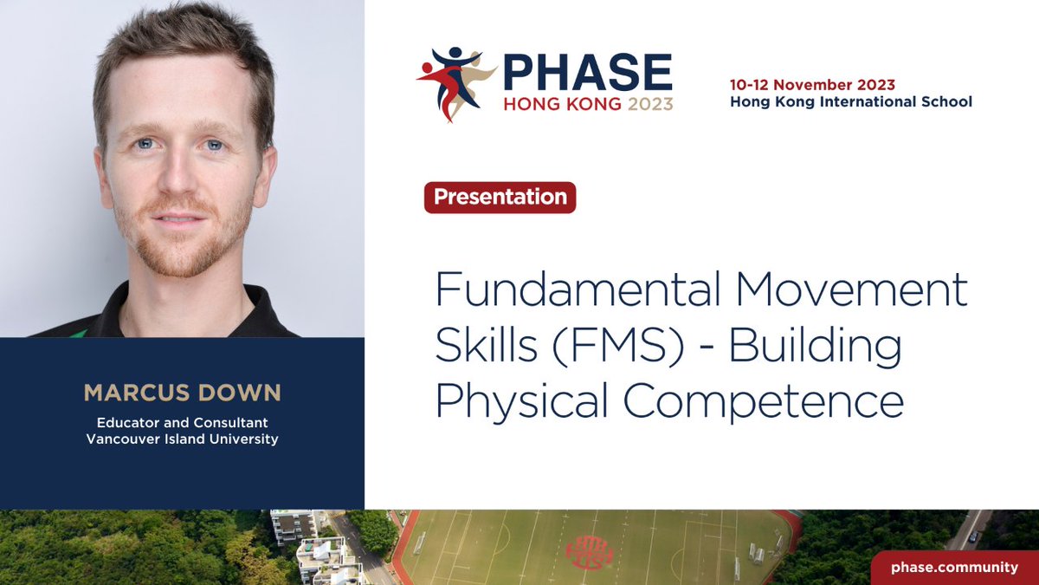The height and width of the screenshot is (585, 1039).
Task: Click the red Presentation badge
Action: point(500,197)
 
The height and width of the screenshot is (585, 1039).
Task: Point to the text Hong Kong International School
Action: point(850,101)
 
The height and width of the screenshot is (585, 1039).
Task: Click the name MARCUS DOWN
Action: point(183,393)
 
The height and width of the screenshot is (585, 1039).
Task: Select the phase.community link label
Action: point(955,567)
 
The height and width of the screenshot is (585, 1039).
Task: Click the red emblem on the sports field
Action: point(589,551)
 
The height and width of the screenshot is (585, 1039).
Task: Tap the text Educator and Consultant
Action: point(182,422)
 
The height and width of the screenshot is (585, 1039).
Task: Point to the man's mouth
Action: point(180,218)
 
